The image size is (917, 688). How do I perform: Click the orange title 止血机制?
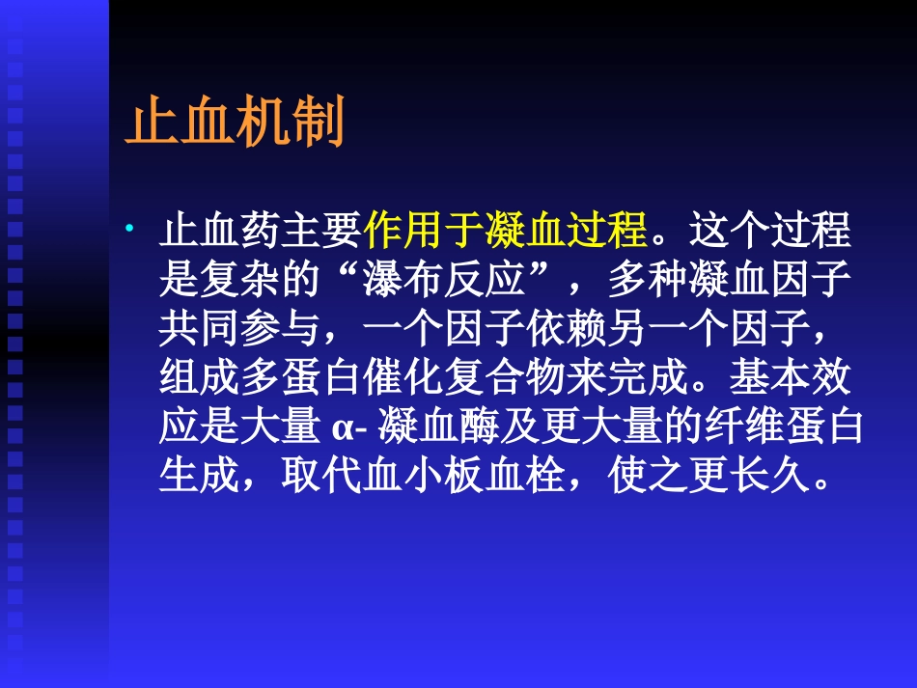tap(235, 125)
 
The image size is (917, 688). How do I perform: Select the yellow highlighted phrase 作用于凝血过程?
tap(504, 233)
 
